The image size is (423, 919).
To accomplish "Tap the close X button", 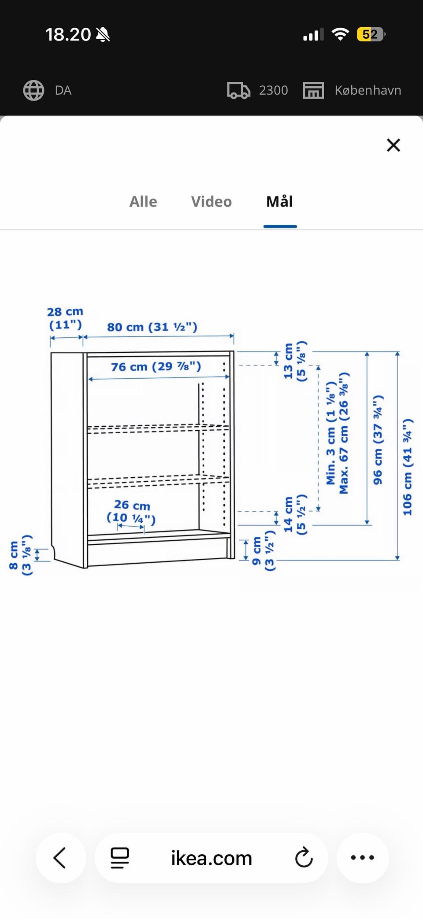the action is click(393, 145).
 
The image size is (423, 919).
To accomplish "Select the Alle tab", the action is click(143, 202).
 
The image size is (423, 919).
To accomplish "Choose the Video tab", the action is click(211, 202).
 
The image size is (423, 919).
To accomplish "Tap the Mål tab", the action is click(280, 201).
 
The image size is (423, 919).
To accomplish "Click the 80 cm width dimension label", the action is click(152, 327).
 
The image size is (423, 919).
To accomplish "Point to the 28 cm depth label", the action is click(65, 318).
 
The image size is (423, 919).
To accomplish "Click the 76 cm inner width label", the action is click(156, 366).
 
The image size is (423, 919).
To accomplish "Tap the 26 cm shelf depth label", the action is click(131, 511).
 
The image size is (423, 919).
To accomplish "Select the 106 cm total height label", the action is click(407, 467).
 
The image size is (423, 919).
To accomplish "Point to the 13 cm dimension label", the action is click(295, 361).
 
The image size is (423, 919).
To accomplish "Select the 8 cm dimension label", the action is click(20, 555).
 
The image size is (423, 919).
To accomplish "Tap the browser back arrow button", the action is click(60, 858).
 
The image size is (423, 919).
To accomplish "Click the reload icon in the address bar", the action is click(304, 858).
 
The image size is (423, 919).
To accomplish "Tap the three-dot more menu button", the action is click(363, 858).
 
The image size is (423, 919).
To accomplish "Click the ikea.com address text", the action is click(211, 858).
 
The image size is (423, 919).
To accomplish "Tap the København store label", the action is click(368, 90).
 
